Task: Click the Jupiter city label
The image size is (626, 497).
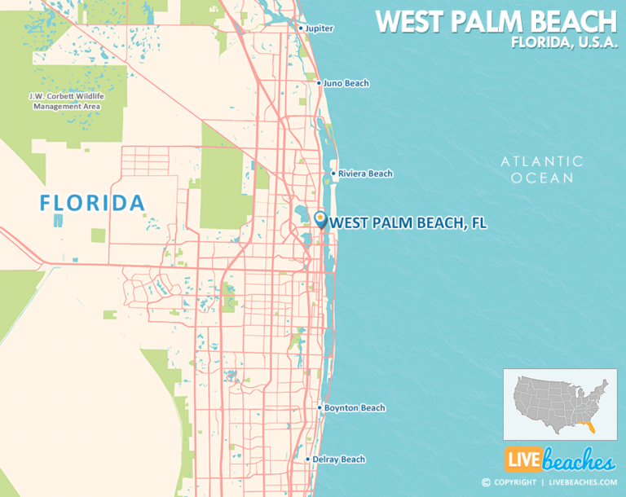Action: point(320,29)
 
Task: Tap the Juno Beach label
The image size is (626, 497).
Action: point(346,83)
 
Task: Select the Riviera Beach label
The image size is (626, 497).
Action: point(365,174)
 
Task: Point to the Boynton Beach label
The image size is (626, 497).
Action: point(355,408)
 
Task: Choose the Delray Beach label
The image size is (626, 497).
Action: point(338,460)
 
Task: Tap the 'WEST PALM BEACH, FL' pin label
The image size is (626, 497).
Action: point(408,222)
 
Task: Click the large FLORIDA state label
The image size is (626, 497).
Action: point(92,203)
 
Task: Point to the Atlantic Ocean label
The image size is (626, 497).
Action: point(542,169)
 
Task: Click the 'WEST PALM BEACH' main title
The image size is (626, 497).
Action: point(496,21)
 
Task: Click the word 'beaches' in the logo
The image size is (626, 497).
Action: point(577,462)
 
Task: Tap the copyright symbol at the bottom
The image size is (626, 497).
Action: point(486,482)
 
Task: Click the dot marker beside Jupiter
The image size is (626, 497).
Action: point(301,29)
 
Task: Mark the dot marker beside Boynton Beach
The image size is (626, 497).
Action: point(319,408)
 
